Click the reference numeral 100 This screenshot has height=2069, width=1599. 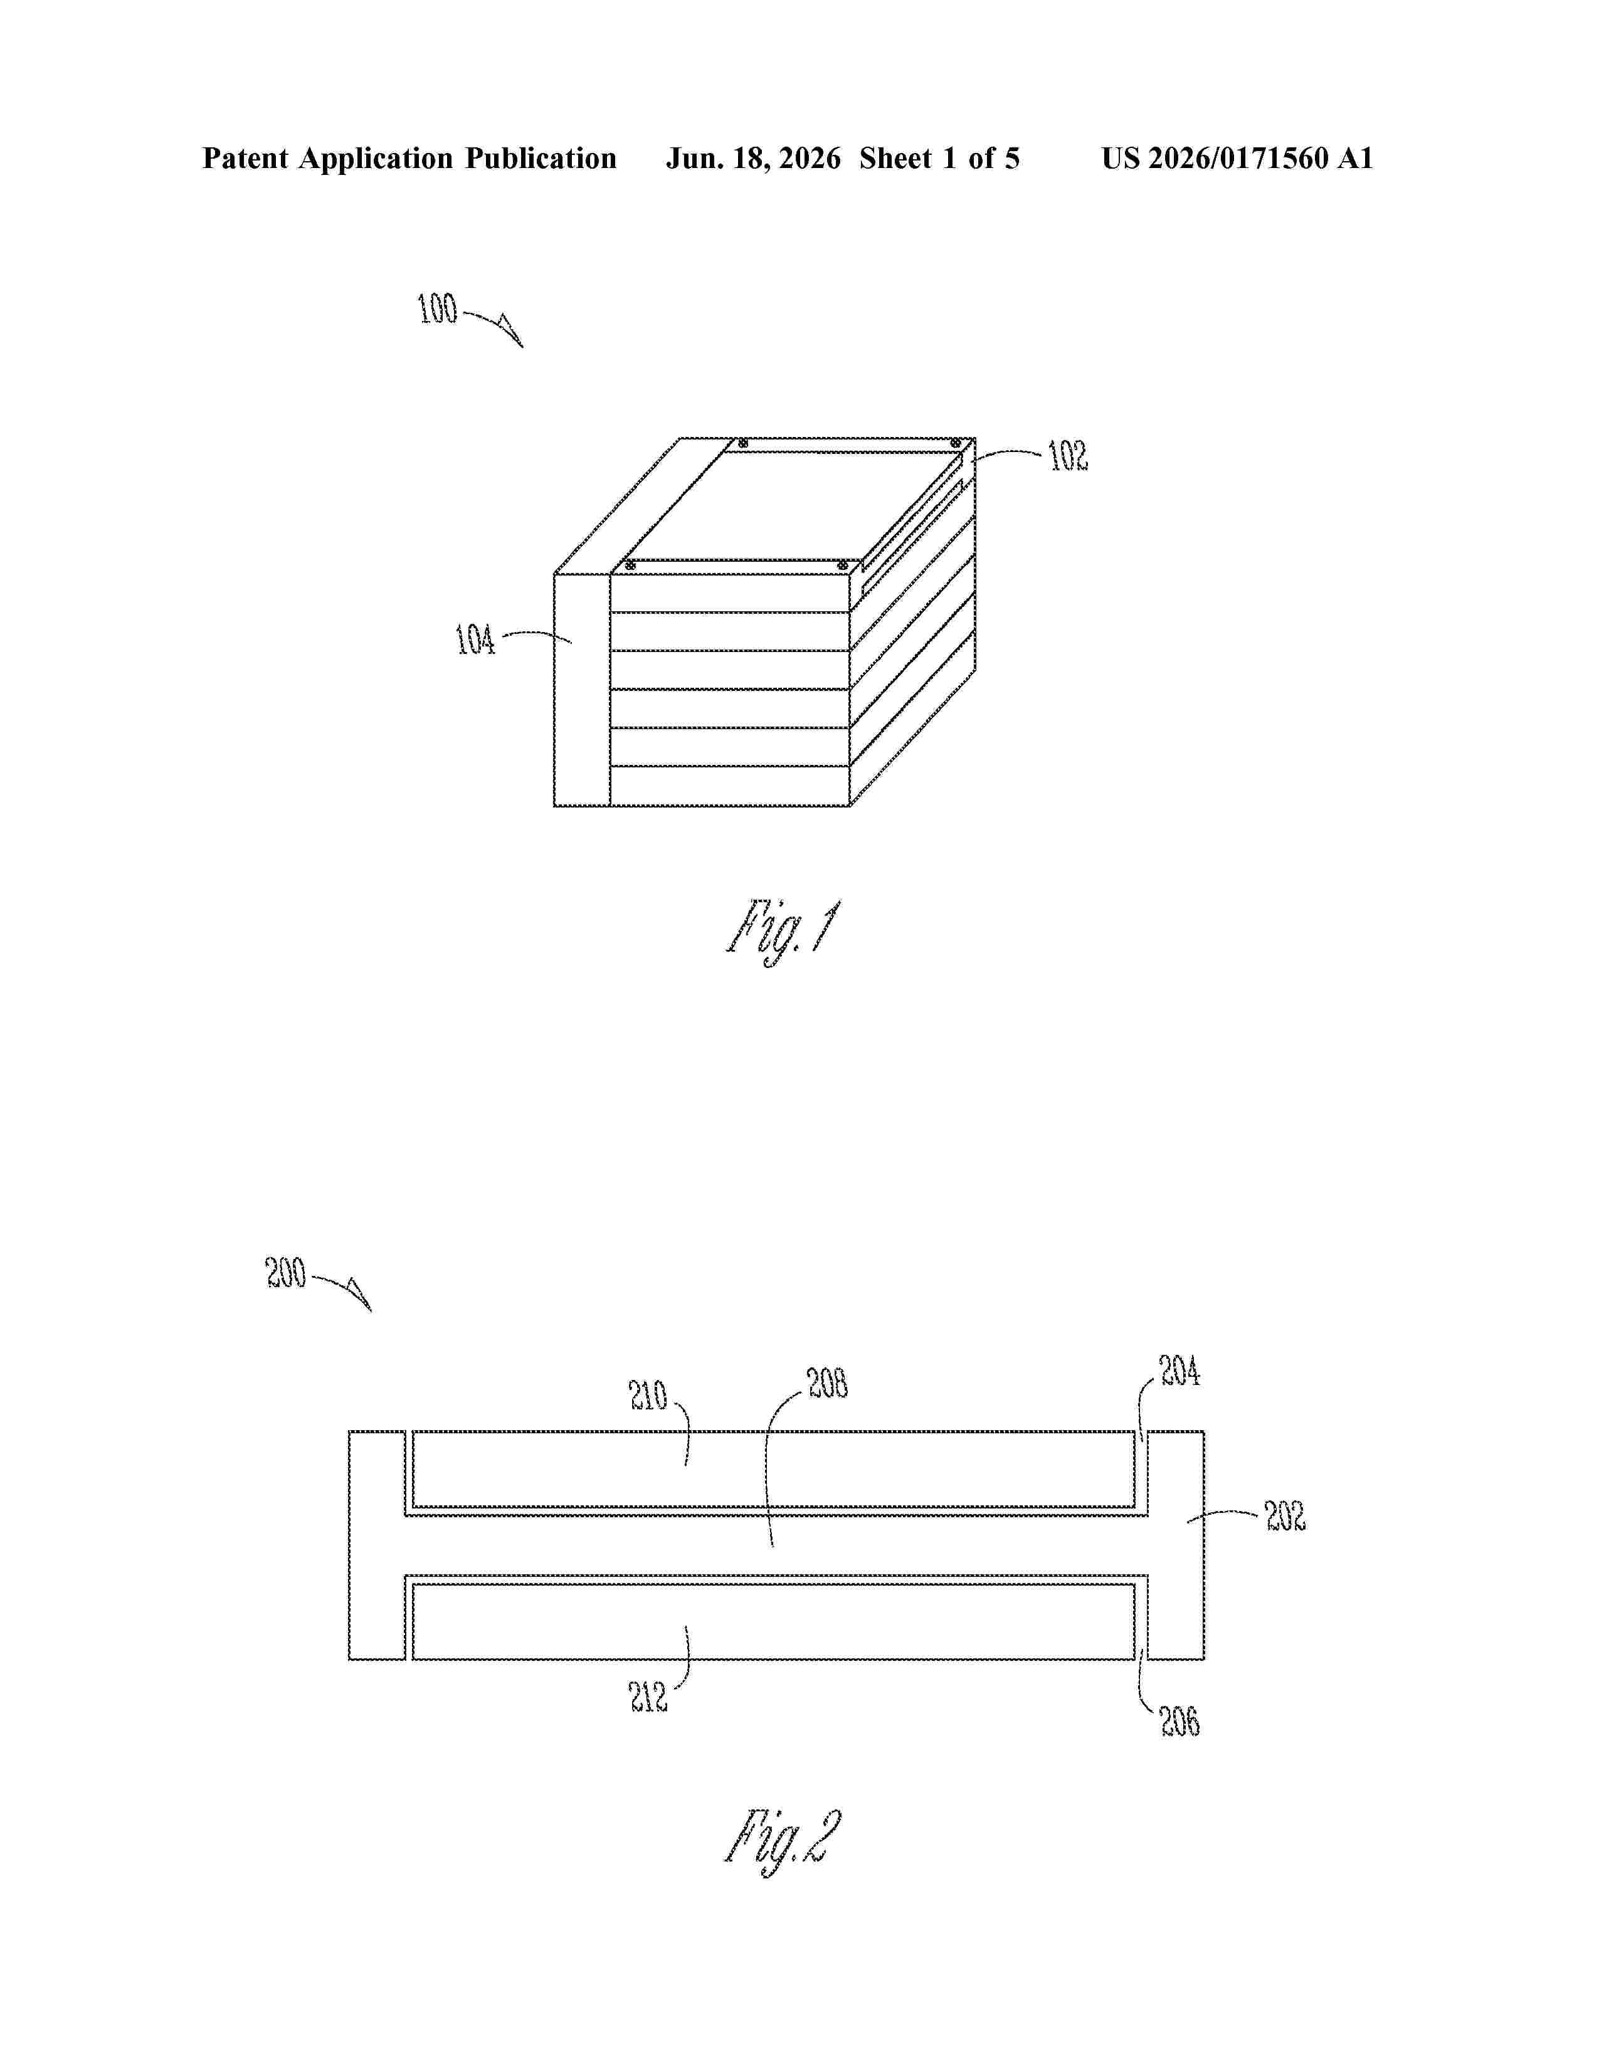coord(438,309)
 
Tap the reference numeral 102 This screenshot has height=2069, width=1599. coord(1069,456)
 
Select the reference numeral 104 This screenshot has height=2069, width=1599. coord(475,640)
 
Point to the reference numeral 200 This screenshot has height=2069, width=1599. coord(286,1272)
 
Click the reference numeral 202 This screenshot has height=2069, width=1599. coord(1285,1516)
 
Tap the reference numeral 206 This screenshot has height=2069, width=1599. coord(1180,1721)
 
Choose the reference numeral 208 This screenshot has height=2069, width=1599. coord(828,1384)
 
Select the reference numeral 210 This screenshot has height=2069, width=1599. coord(649,1396)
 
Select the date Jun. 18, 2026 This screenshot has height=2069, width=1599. coord(753,158)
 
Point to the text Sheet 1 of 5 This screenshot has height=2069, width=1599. coord(940,158)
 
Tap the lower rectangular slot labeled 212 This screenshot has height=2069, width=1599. coord(773,1622)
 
